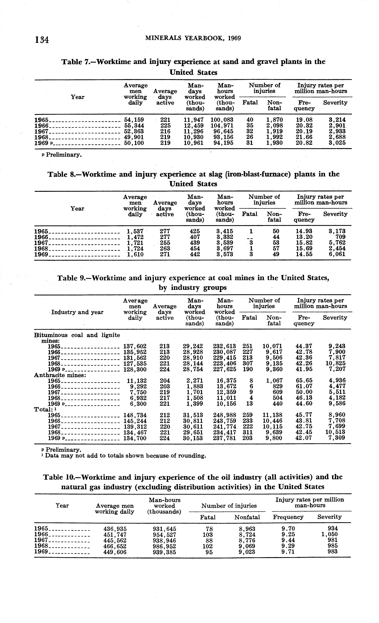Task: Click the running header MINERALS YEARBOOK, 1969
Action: click(x=193, y=38)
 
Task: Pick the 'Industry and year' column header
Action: click(x=77, y=312)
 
